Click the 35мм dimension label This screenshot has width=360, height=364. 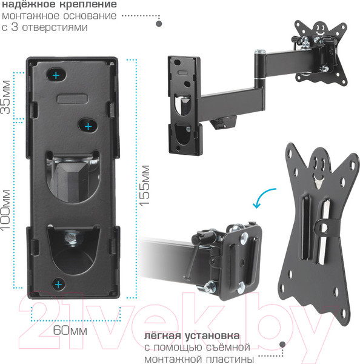(5, 97)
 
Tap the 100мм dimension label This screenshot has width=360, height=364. (5, 211)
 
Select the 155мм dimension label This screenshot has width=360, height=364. (144, 186)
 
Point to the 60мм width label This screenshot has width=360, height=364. (70, 330)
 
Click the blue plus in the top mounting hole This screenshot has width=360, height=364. (56, 75)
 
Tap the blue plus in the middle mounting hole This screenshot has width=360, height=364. (88, 127)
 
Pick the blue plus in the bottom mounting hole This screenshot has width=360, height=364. (58, 285)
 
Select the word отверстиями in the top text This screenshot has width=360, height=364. (55, 27)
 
